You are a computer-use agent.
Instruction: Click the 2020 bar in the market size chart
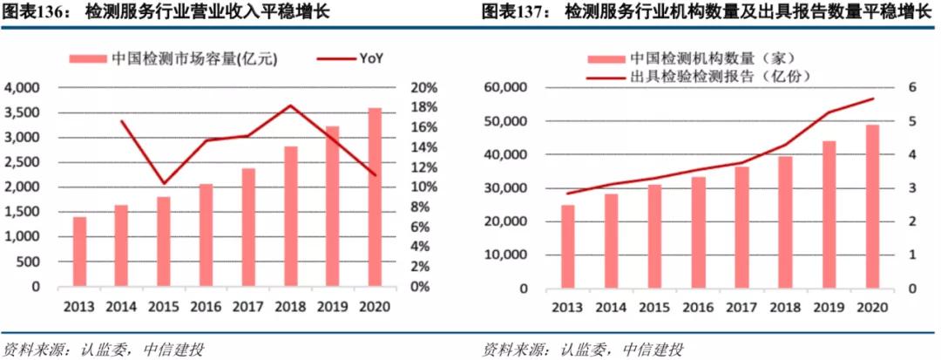[375, 197]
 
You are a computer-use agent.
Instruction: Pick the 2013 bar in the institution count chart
[568, 245]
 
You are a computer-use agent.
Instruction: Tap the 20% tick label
[423, 88]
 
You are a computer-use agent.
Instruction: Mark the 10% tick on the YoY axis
[423, 187]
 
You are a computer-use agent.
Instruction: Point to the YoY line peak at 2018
[290, 105]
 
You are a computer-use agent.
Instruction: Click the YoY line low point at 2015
[164, 184]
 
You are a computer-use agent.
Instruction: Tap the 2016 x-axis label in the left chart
[206, 307]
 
